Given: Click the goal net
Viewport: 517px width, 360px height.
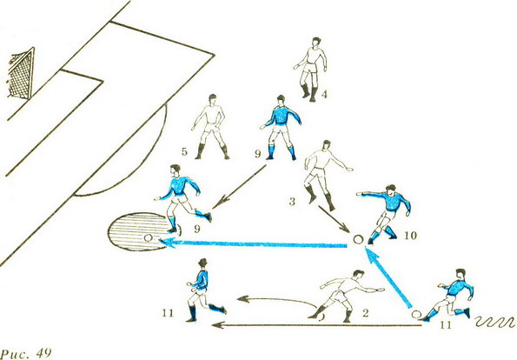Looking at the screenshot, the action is pyautogui.click(x=21, y=74).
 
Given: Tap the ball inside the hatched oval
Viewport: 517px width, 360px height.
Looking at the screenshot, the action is pyautogui.click(x=148, y=237).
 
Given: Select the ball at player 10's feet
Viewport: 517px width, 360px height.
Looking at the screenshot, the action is pyautogui.click(x=357, y=239).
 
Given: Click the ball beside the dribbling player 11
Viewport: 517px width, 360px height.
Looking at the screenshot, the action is pyautogui.click(x=416, y=314).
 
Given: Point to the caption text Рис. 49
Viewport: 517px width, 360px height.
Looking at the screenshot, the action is pyautogui.click(x=26, y=353).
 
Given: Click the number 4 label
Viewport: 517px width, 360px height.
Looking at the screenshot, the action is pyautogui.click(x=324, y=95).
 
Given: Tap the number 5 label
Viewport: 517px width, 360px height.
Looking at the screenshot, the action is pyautogui.click(x=184, y=152).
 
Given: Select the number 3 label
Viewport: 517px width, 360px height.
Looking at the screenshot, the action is pyautogui.click(x=292, y=202).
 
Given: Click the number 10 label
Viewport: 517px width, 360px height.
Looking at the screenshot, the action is pyautogui.click(x=412, y=236).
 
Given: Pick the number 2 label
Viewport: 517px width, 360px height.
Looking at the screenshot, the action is pyautogui.click(x=365, y=313).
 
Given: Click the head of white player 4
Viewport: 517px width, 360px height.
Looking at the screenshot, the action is pyautogui.click(x=316, y=42).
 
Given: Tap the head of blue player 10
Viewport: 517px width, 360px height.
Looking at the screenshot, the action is pyautogui.click(x=390, y=190).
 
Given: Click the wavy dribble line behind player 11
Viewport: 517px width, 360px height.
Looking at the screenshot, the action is pyautogui.click(x=495, y=322).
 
